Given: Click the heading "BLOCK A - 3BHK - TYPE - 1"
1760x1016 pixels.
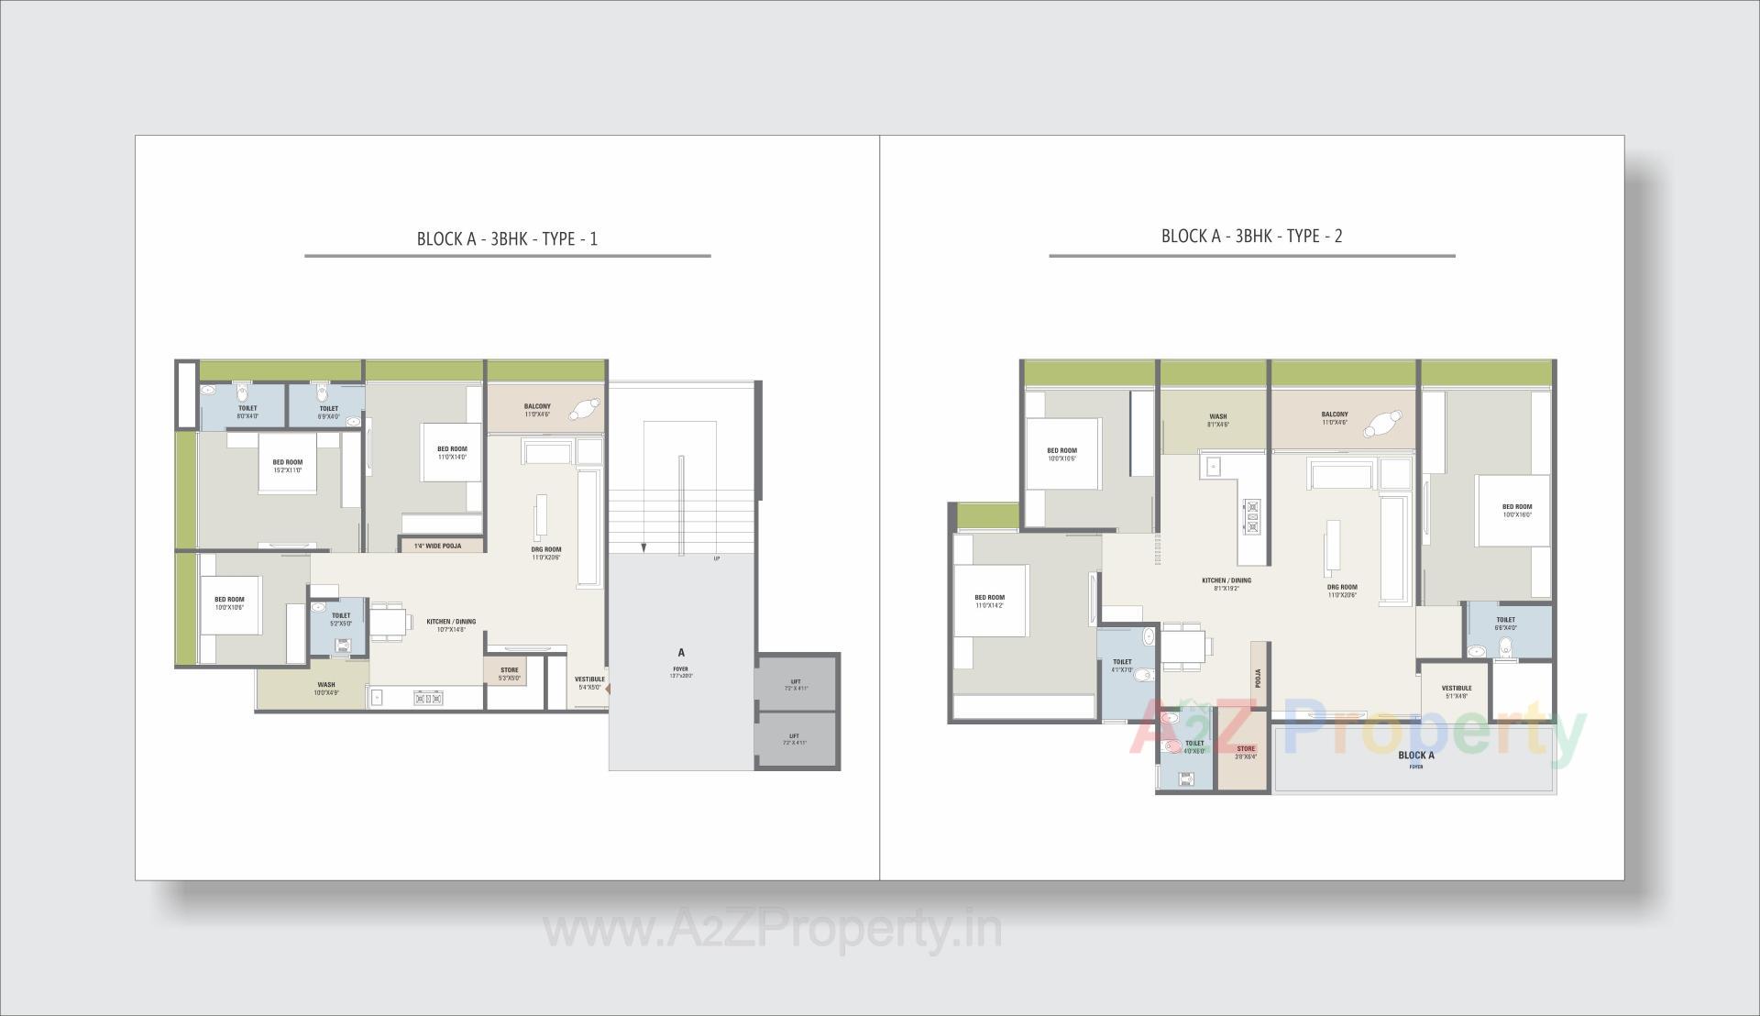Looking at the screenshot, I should pyautogui.click(x=507, y=239).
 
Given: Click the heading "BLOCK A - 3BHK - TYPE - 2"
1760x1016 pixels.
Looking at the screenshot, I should pyautogui.click(x=1251, y=236).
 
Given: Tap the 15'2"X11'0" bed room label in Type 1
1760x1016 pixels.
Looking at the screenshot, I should pyautogui.click(x=287, y=466).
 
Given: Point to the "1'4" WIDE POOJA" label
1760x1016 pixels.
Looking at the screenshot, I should pyautogui.click(x=437, y=546).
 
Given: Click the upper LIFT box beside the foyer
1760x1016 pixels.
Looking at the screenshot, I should pyautogui.click(x=795, y=684).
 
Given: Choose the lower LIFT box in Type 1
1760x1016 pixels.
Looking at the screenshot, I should pyautogui.click(x=795, y=739).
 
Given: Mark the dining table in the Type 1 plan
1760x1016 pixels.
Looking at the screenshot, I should pyautogui.click(x=390, y=624).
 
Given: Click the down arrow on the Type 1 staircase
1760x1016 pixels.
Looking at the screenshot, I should pyautogui.click(x=643, y=547).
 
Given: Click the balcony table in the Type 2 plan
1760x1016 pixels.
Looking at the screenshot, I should pyautogui.click(x=1382, y=424).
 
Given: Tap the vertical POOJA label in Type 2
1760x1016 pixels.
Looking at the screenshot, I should pyautogui.click(x=1258, y=678).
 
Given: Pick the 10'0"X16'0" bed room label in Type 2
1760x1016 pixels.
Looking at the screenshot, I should pyautogui.click(x=1516, y=510).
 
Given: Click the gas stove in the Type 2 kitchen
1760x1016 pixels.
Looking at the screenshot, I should pyautogui.click(x=1252, y=515).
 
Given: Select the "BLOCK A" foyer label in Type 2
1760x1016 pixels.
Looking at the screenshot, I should pyautogui.click(x=1416, y=756).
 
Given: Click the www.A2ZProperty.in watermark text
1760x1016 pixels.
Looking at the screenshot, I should pyautogui.click(x=773, y=930).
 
